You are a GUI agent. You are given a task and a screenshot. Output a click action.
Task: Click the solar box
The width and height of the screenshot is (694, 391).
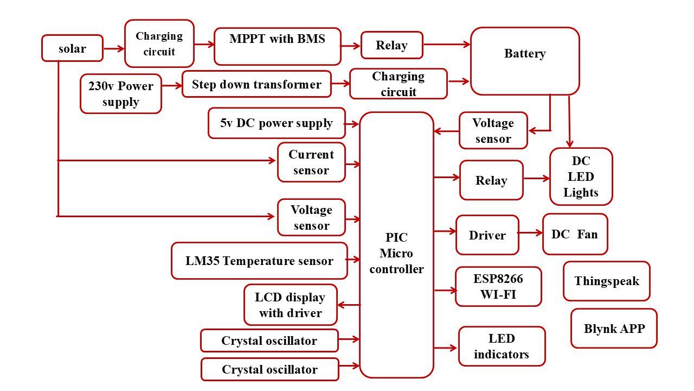pyautogui.click(x=72, y=48)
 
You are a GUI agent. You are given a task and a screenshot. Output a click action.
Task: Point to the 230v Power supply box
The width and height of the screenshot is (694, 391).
pyautogui.click(x=121, y=94)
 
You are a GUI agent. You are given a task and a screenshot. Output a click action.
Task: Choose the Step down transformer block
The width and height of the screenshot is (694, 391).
pyautogui.click(x=256, y=84)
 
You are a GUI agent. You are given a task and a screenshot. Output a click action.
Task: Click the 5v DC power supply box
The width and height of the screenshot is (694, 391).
pyautogui.click(x=277, y=123)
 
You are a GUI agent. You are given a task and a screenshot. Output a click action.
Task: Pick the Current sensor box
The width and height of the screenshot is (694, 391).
pyautogui.click(x=311, y=162)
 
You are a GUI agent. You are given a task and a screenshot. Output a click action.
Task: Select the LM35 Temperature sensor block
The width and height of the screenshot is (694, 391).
pyautogui.click(x=259, y=261)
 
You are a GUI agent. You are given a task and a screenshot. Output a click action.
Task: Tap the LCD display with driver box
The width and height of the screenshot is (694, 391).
pyautogui.click(x=290, y=305)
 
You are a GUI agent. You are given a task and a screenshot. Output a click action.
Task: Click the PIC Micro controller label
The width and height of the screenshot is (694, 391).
pyautogui.click(x=396, y=253)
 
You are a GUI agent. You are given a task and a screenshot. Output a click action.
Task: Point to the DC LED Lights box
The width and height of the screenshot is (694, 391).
pyautogui.click(x=581, y=176)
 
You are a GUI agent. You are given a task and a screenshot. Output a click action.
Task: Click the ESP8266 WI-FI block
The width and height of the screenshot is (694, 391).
pyautogui.click(x=498, y=287)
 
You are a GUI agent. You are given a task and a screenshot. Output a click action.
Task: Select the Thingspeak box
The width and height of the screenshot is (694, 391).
pyautogui.click(x=606, y=281)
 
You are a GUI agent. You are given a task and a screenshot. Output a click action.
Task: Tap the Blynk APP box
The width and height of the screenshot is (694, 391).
pyautogui.click(x=614, y=329)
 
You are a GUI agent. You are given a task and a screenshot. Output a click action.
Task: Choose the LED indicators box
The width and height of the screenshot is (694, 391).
pyautogui.click(x=502, y=346)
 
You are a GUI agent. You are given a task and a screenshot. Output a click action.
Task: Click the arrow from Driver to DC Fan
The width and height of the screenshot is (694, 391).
pyautogui.click(x=530, y=233)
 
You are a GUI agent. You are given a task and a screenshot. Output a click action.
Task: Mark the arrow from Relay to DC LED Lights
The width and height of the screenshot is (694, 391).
pyautogui.click(x=536, y=178)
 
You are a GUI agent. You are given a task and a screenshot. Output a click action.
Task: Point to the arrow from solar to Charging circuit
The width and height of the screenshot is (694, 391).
pyautogui.click(x=113, y=48)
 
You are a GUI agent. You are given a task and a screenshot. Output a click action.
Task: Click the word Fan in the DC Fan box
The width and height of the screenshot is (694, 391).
pyautogui.click(x=587, y=235)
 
